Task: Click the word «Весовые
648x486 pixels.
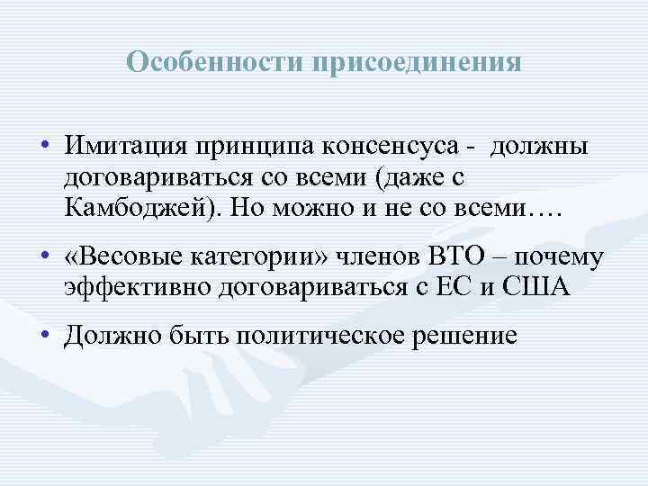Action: point(123,260)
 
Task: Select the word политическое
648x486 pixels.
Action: point(331,337)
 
